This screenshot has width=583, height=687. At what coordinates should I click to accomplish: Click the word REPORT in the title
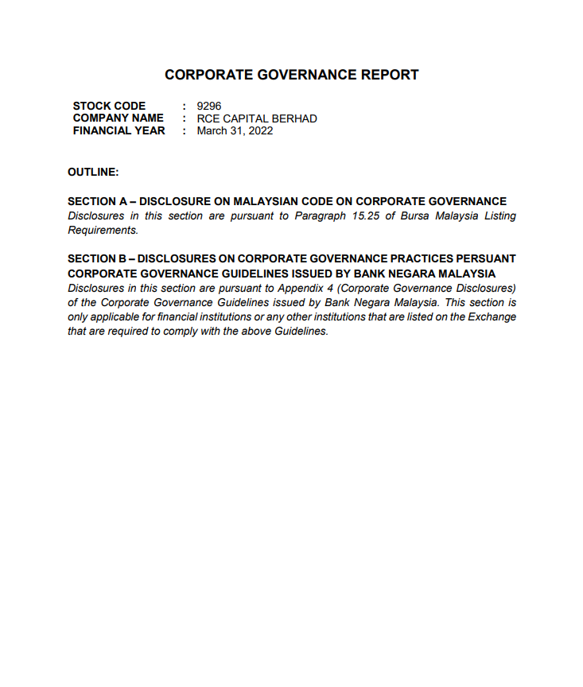(x=390, y=75)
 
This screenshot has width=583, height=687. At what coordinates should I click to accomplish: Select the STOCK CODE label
(x=109, y=106)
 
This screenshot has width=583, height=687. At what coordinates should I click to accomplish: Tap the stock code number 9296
(x=209, y=106)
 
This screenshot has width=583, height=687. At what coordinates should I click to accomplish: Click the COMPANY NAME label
(x=118, y=118)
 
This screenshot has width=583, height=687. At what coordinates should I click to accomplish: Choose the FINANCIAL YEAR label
(x=119, y=130)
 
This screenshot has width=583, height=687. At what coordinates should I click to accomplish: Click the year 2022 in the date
(x=259, y=130)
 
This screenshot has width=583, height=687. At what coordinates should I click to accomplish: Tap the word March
(x=212, y=130)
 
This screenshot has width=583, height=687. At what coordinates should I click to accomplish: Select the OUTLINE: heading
(x=93, y=172)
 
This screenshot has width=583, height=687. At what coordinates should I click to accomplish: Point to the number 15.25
(x=365, y=216)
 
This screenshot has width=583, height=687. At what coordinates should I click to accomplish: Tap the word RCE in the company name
(x=209, y=118)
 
